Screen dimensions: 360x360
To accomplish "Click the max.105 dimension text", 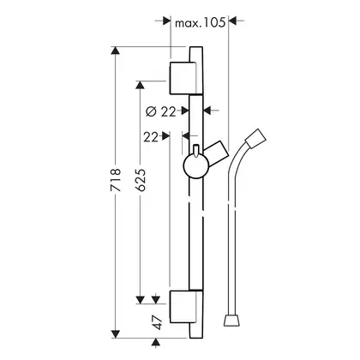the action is [200, 22].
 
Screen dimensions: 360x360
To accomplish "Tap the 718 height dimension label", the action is [116, 180].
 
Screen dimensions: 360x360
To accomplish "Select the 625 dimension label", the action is [141, 180].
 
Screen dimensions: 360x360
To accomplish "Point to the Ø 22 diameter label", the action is [160, 111].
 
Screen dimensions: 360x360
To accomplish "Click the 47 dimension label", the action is [157, 322].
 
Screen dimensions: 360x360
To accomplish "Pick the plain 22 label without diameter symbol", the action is [151, 137].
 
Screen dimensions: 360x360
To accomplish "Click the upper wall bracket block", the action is [183, 78].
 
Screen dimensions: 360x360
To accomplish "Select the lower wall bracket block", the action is [183, 307].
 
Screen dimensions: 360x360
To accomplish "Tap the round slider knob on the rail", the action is [196, 165].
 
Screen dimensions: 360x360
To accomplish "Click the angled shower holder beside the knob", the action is [216, 153].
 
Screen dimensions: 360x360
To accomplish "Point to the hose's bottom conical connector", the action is [232, 321].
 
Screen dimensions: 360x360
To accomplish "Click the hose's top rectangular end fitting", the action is [255, 138].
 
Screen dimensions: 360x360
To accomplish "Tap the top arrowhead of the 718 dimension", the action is [116, 51].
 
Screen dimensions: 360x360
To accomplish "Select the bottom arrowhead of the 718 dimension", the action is [116, 334].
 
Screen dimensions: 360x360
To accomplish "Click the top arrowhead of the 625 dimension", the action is [140, 85].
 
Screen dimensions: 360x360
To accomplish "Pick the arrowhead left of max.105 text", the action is [166, 21].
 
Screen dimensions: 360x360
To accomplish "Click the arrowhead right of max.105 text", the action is [233, 21].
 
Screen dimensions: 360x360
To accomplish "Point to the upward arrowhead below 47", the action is [155, 342].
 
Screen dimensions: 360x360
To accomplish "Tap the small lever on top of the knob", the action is [196, 151].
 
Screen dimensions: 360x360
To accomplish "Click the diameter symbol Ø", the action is [151, 111].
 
